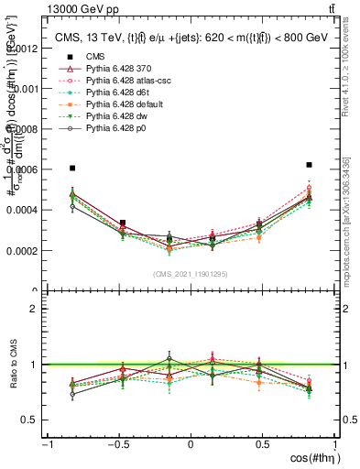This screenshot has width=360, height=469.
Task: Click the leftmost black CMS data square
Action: [72, 169]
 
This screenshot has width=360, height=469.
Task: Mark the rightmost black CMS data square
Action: [310, 165]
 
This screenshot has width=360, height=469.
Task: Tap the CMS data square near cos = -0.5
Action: [123, 223]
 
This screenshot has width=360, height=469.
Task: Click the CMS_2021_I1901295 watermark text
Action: [191, 274]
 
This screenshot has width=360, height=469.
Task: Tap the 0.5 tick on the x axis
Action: [262, 445]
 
